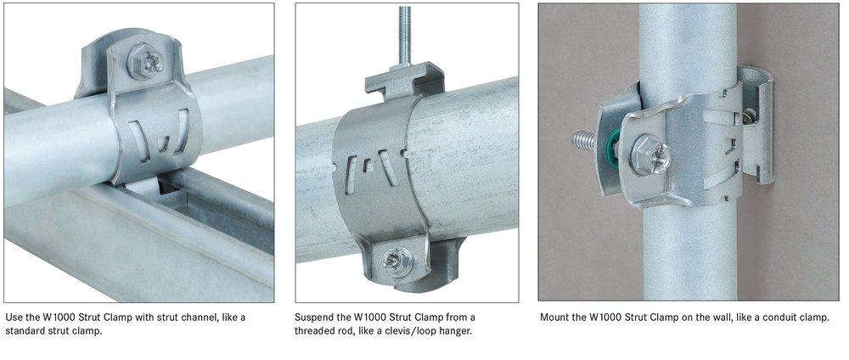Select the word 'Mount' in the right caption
click(556, 318)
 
